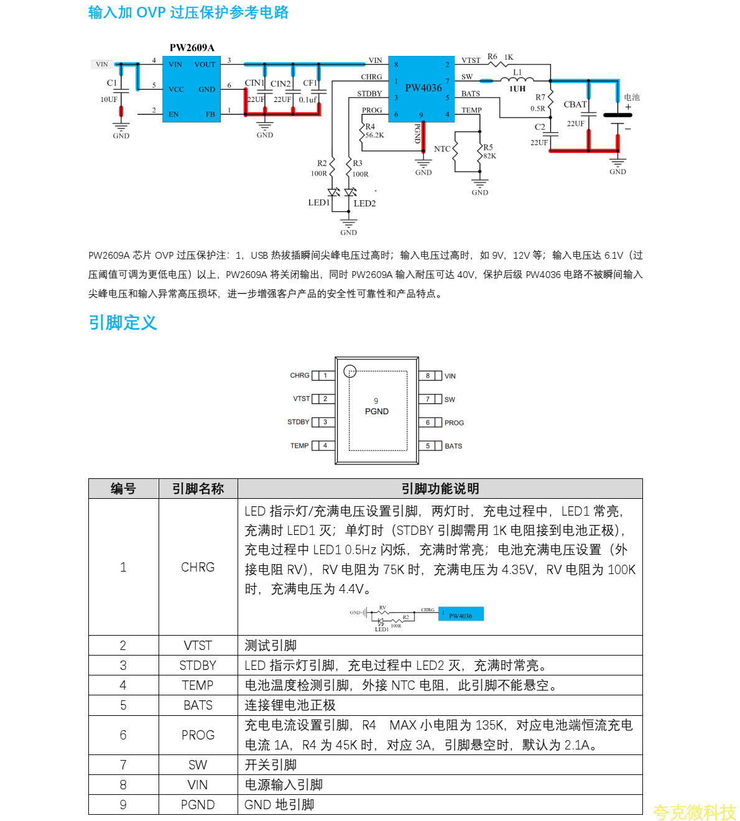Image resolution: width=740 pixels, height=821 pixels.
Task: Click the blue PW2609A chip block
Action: pos(192,89)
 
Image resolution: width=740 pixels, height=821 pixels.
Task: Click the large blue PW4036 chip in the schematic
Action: pos(423,88)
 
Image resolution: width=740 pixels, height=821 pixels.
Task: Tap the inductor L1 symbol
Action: pos(517,80)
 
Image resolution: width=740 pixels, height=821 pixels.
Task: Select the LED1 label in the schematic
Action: pos(318,203)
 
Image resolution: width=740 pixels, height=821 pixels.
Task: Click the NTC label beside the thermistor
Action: pos(442,149)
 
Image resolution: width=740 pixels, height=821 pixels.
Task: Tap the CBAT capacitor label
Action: pos(575,104)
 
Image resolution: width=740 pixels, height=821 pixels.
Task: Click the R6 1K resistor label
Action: pos(500,57)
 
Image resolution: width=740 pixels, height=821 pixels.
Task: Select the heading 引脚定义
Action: pos(123,323)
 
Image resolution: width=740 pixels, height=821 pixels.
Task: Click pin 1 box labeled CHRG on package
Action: pos(325,376)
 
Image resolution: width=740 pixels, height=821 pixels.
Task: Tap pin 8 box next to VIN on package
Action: pos(428,376)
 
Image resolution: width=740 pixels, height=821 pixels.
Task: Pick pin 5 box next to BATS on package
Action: pos(428,446)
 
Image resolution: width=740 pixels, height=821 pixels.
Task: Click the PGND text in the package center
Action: pos(377,412)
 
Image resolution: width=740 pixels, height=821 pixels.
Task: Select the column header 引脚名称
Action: pos(198,489)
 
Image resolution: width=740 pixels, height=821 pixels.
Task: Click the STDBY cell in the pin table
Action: pos(198,666)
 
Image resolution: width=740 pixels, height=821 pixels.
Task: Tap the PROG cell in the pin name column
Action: pos(198,735)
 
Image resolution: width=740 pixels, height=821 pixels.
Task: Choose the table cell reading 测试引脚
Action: pos(271,646)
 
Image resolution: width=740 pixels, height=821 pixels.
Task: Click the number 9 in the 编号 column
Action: pos(123,805)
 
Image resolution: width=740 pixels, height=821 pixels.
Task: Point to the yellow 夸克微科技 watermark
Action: pos(694,812)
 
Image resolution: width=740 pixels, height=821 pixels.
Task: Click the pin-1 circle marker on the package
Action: pos(350,371)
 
